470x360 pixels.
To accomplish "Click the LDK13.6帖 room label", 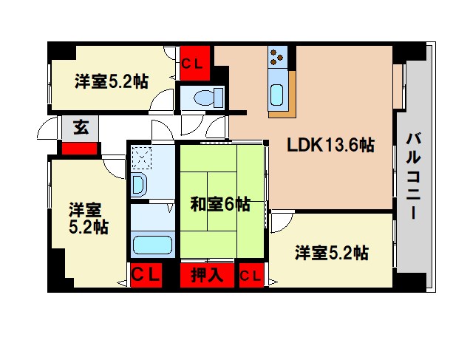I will (x=330, y=145).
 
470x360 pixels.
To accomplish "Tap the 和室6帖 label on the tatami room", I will (x=219, y=204).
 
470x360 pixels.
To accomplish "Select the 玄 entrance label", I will (x=79, y=127).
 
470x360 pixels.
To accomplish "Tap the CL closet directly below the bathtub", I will (x=146, y=274).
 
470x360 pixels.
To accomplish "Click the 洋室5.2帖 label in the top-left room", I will (x=110, y=81).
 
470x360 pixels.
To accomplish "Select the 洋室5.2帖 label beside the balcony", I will (x=331, y=254).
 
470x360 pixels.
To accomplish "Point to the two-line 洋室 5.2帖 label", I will (x=88, y=217).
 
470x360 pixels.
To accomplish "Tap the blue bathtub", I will (x=151, y=244).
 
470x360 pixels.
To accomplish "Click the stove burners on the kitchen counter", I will (x=278, y=56).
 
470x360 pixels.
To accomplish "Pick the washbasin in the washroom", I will (x=137, y=185).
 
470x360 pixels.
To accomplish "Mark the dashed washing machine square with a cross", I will (x=140, y=157).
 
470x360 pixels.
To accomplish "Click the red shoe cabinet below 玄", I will (x=79, y=148).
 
